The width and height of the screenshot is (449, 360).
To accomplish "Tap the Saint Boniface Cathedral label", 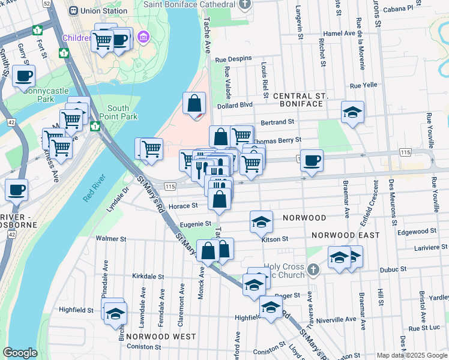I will coord(190,4).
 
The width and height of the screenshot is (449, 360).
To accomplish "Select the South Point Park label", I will coord(118,113).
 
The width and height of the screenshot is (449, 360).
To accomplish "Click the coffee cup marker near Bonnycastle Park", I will coord(23,76).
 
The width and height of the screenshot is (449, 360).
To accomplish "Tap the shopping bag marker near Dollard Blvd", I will coord(194,103).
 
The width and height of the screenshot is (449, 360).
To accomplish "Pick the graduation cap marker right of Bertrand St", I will coord(352,112).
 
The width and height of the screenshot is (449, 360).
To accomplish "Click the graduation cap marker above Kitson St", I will coord(261,222).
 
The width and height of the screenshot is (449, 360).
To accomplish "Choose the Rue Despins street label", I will coord(231,59).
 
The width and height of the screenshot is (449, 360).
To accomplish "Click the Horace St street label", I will coord(183,206).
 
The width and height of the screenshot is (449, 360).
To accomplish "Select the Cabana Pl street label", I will coord(418,8).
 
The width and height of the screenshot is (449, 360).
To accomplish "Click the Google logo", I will coord(20,353).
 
